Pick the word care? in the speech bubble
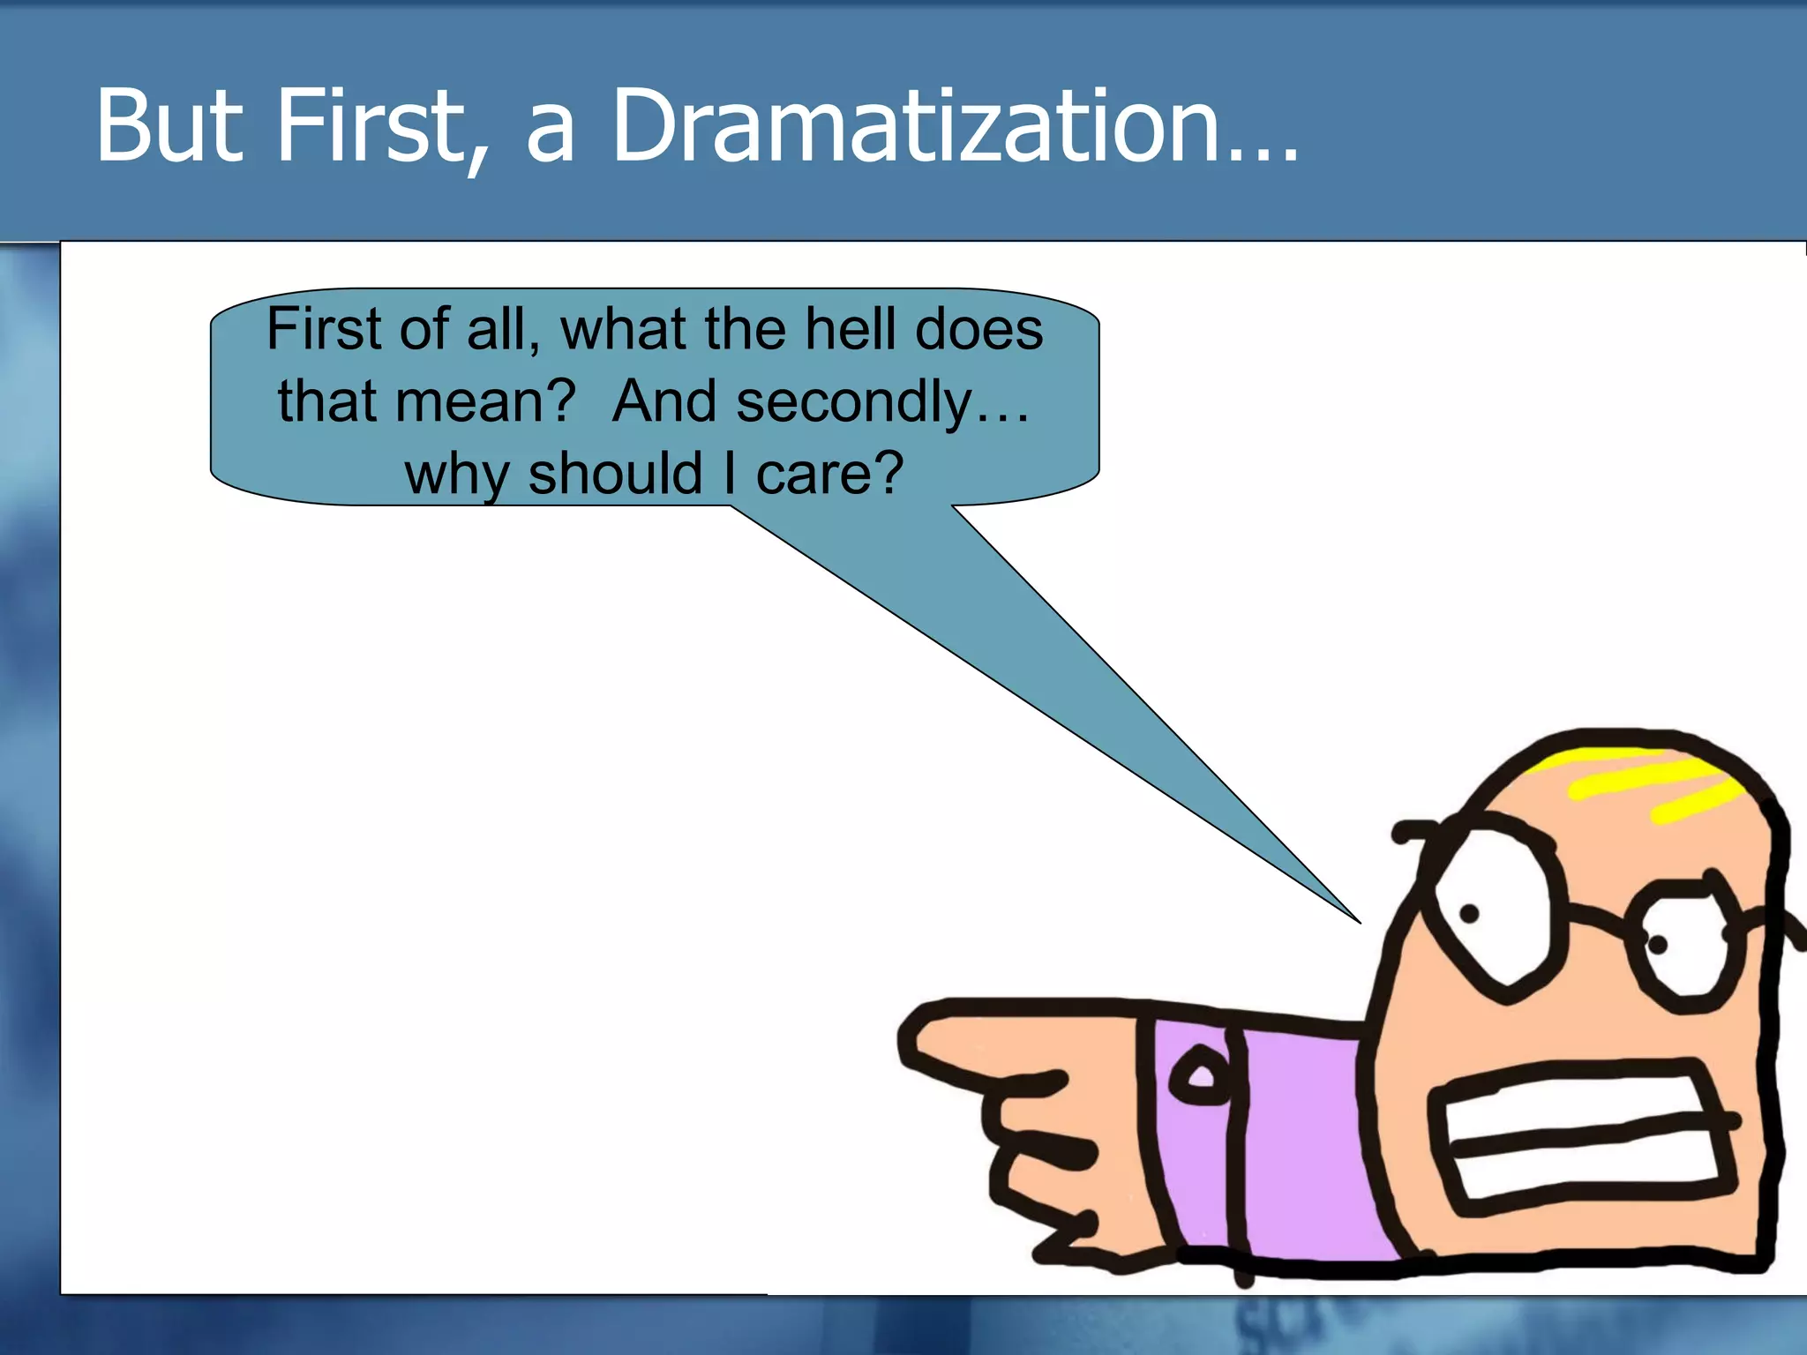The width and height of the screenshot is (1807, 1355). [x=829, y=474]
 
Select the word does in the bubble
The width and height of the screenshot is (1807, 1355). [x=978, y=329]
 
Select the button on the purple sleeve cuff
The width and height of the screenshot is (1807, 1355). [x=1200, y=1076]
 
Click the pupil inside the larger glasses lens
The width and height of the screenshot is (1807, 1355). [x=1469, y=914]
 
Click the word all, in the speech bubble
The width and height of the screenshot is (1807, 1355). [x=503, y=329]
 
